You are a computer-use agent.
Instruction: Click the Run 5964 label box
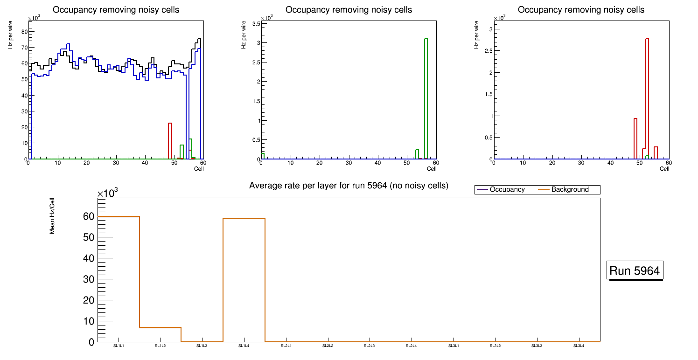(x=635, y=270)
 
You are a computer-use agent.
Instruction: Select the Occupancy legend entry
(x=507, y=190)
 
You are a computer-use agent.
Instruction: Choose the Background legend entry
(x=570, y=190)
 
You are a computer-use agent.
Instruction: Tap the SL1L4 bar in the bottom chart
(x=244, y=280)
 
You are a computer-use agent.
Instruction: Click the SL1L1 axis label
(x=119, y=346)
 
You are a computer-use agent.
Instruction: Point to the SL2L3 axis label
(x=370, y=346)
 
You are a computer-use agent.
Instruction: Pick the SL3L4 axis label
(x=579, y=346)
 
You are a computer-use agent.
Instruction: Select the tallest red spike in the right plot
(x=647, y=98)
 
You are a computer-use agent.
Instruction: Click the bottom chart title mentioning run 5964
(x=349, y=186)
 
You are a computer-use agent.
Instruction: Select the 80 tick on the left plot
(x=24, y=31)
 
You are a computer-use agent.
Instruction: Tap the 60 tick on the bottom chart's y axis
(x=89, y=216)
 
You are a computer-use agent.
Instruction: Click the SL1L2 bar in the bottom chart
(x=161, y=334)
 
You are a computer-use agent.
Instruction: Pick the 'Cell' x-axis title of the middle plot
(x=432, y=169)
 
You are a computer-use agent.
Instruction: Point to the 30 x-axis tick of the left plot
(x=116, y=163)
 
